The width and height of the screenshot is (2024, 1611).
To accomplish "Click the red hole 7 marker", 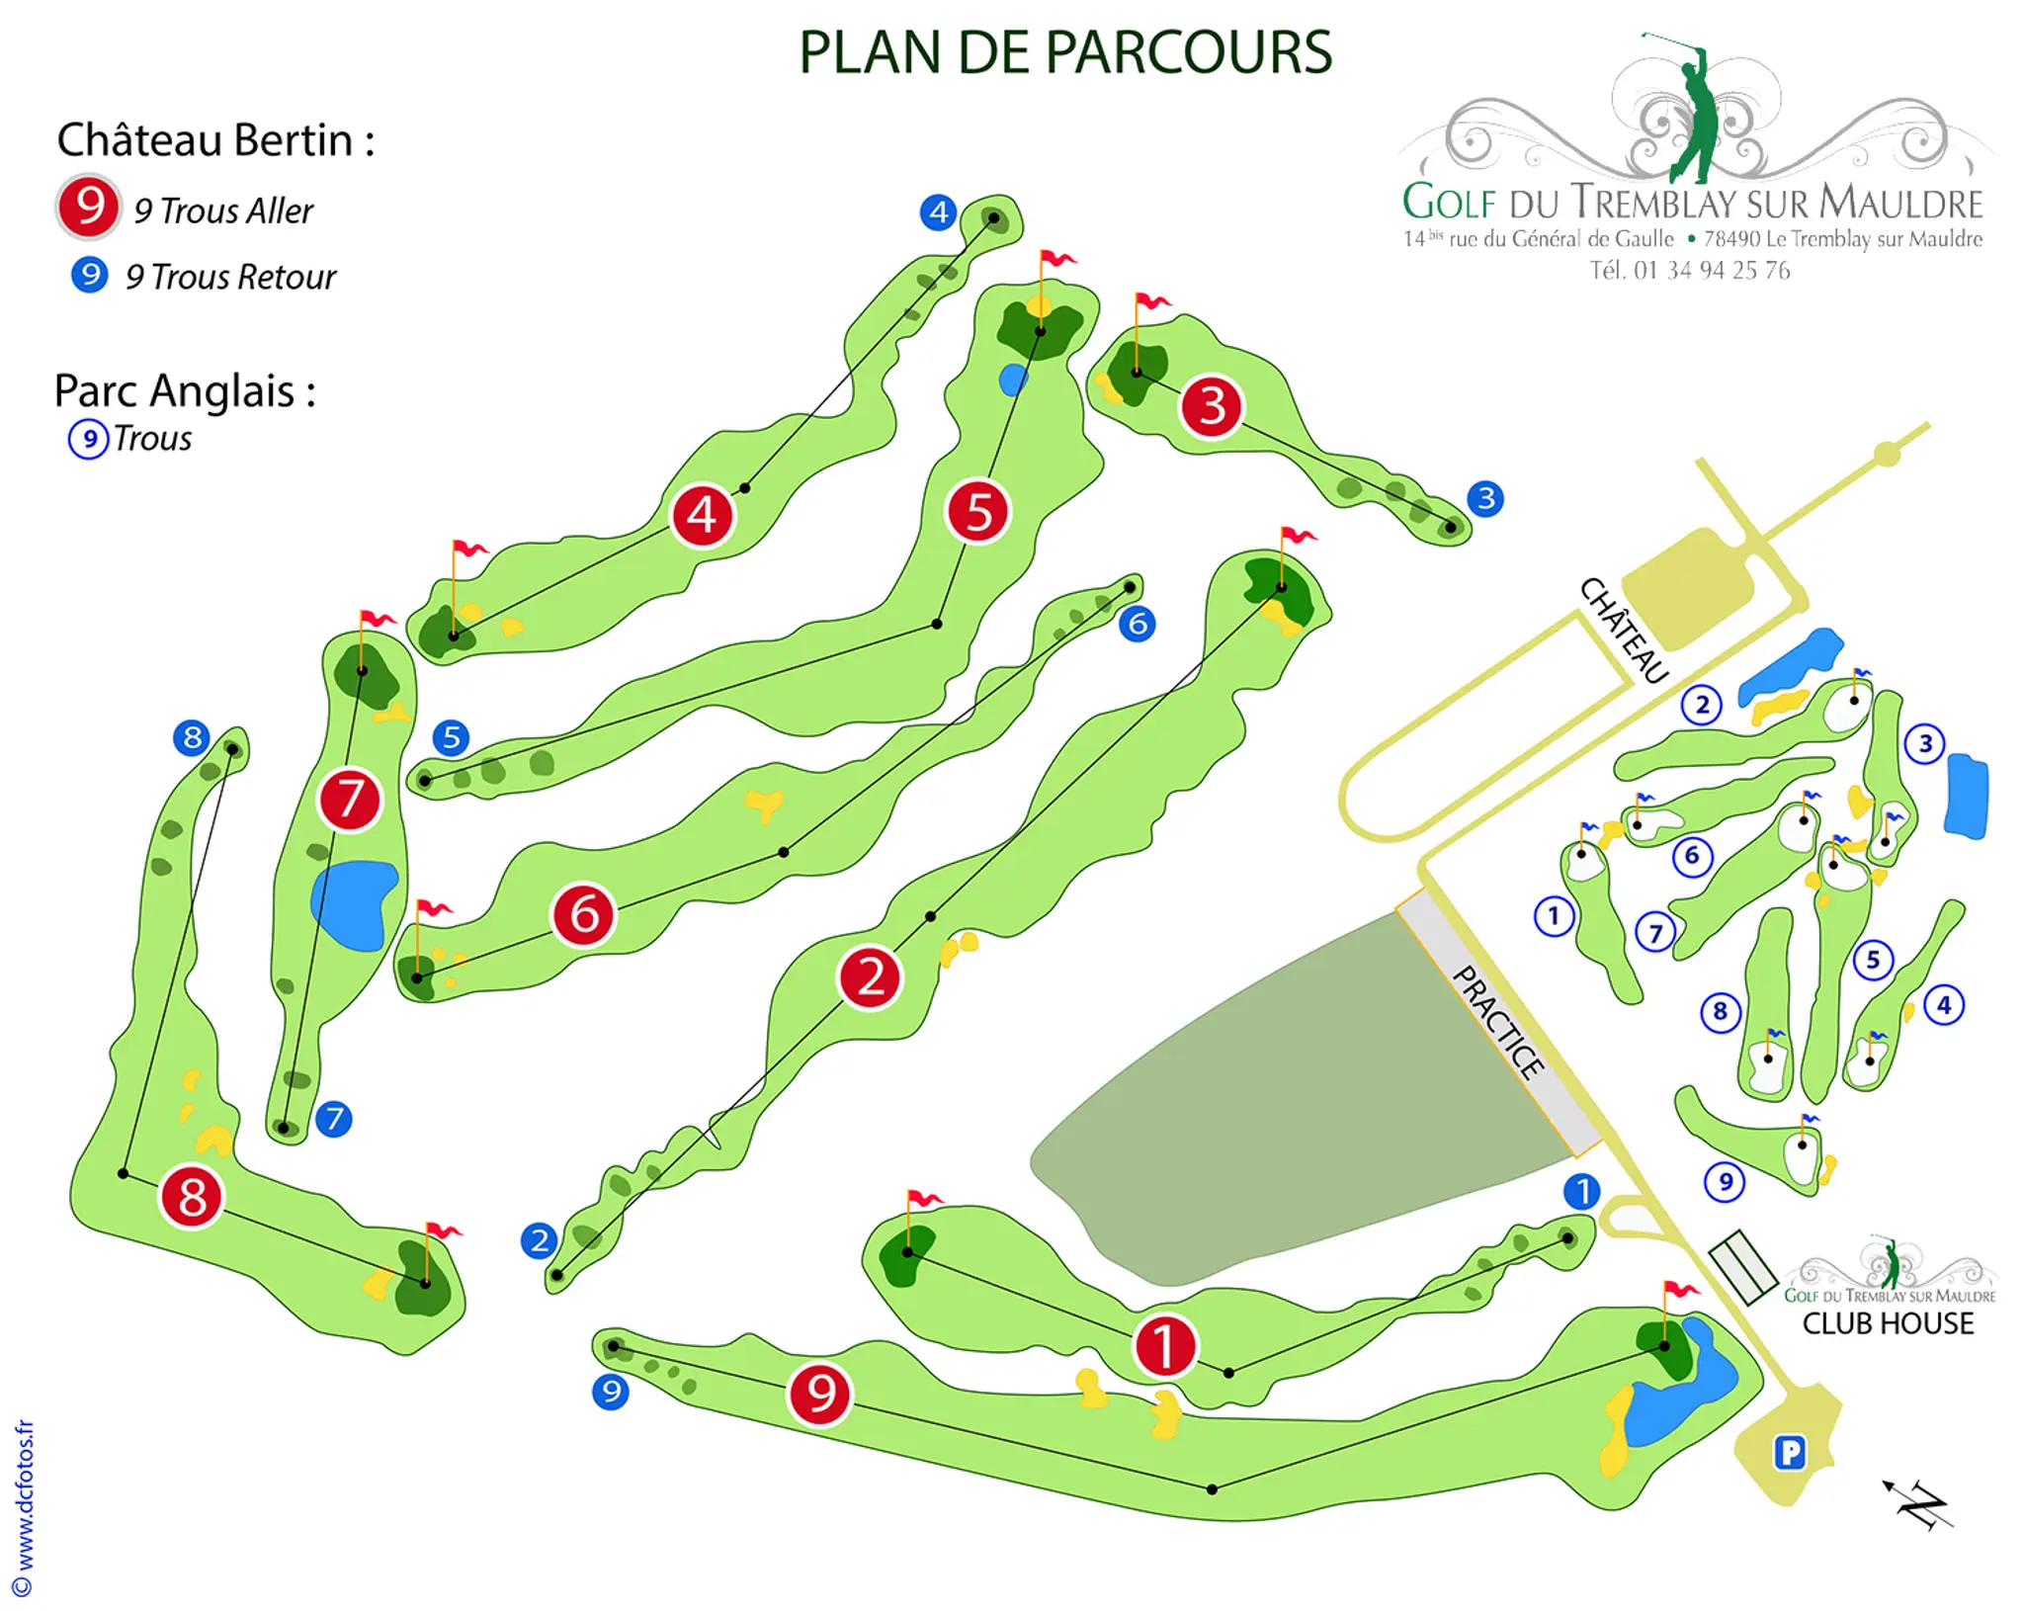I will coord(349,799).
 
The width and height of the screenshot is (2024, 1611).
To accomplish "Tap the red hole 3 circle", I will coord(1212,406).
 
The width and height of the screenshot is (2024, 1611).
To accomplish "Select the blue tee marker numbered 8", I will coord(192,736).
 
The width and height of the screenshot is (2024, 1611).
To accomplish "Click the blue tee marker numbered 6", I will coord(1138,624).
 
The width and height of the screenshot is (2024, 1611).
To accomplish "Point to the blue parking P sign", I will coord(1790,1452).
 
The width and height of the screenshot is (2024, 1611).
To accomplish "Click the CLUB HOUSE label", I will coord(1888,1323).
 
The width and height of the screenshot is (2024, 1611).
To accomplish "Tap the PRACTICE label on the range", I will coord(1497,1021).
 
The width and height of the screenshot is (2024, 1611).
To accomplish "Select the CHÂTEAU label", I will coord(1624,631).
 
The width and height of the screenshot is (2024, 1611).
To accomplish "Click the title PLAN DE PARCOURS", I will coord(1064,52).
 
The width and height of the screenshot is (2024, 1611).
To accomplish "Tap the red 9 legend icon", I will coord(89,207).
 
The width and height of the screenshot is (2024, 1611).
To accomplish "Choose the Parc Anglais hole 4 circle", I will coord(1944,1005).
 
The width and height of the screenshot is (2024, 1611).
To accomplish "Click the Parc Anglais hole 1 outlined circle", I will coord(1554,916).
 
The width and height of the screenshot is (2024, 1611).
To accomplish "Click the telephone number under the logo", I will coord(1689,271).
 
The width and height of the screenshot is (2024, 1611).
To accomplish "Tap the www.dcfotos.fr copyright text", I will coord(25,1507).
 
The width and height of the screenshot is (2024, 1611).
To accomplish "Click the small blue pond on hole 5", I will coord(1013,380).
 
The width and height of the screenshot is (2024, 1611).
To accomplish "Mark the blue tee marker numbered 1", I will coord(1581,1191).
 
